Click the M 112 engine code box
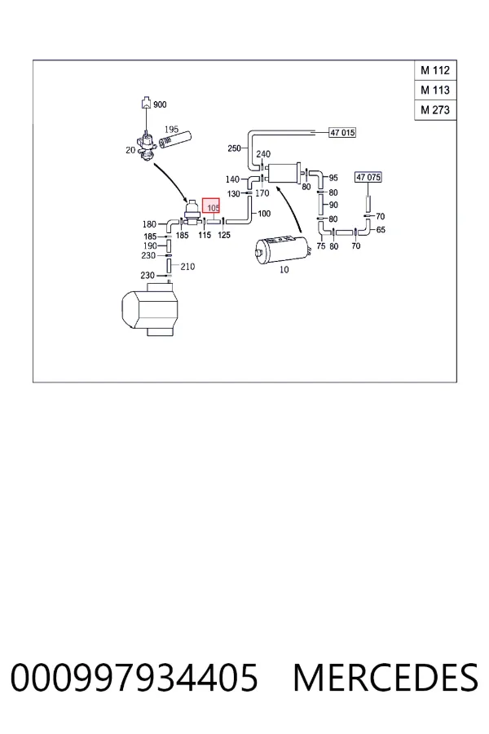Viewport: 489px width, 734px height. pyautogui.click(x=435, y=70)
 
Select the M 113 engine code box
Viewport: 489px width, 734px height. pyautogui.click(x=435, y=90)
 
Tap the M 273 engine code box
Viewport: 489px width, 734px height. pyautogui.click(x=435, y=110)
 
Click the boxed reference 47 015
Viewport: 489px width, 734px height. pyautogui.click(x=342, y=132)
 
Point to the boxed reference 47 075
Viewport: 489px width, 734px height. pyautogui.click(x=368, y=177)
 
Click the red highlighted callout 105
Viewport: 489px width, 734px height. pyautogui.click(x=211, y=206)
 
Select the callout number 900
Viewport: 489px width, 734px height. pyautogui.click(x=160, y=104)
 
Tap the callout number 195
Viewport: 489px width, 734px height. pyautogui.click(x=171, y=129)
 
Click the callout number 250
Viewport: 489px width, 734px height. pyautogui.click(x=234, y=148)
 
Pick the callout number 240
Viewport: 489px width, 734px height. pyautogui.click(x=263, y=153)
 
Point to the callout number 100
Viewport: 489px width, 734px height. pyautogui.click(x=264, y=214)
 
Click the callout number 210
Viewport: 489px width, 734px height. pyautogui.click(x=187, y=267)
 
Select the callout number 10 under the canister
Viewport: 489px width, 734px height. pyautogui.click(x=284, y=270)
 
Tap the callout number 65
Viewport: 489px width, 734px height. pyautogui.click(x=381, y=230)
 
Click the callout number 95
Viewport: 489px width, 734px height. pyautogui.click(x=333, y=178)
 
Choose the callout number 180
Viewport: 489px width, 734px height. pyautogui.click(x=149, y=224)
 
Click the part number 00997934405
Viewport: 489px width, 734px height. pyautogui.click(x=134, y=678)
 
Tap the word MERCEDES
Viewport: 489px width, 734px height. pyautogui.click(x=385, y=678)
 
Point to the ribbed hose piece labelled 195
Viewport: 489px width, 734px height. pyautogui.click(x=175, y=139)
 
